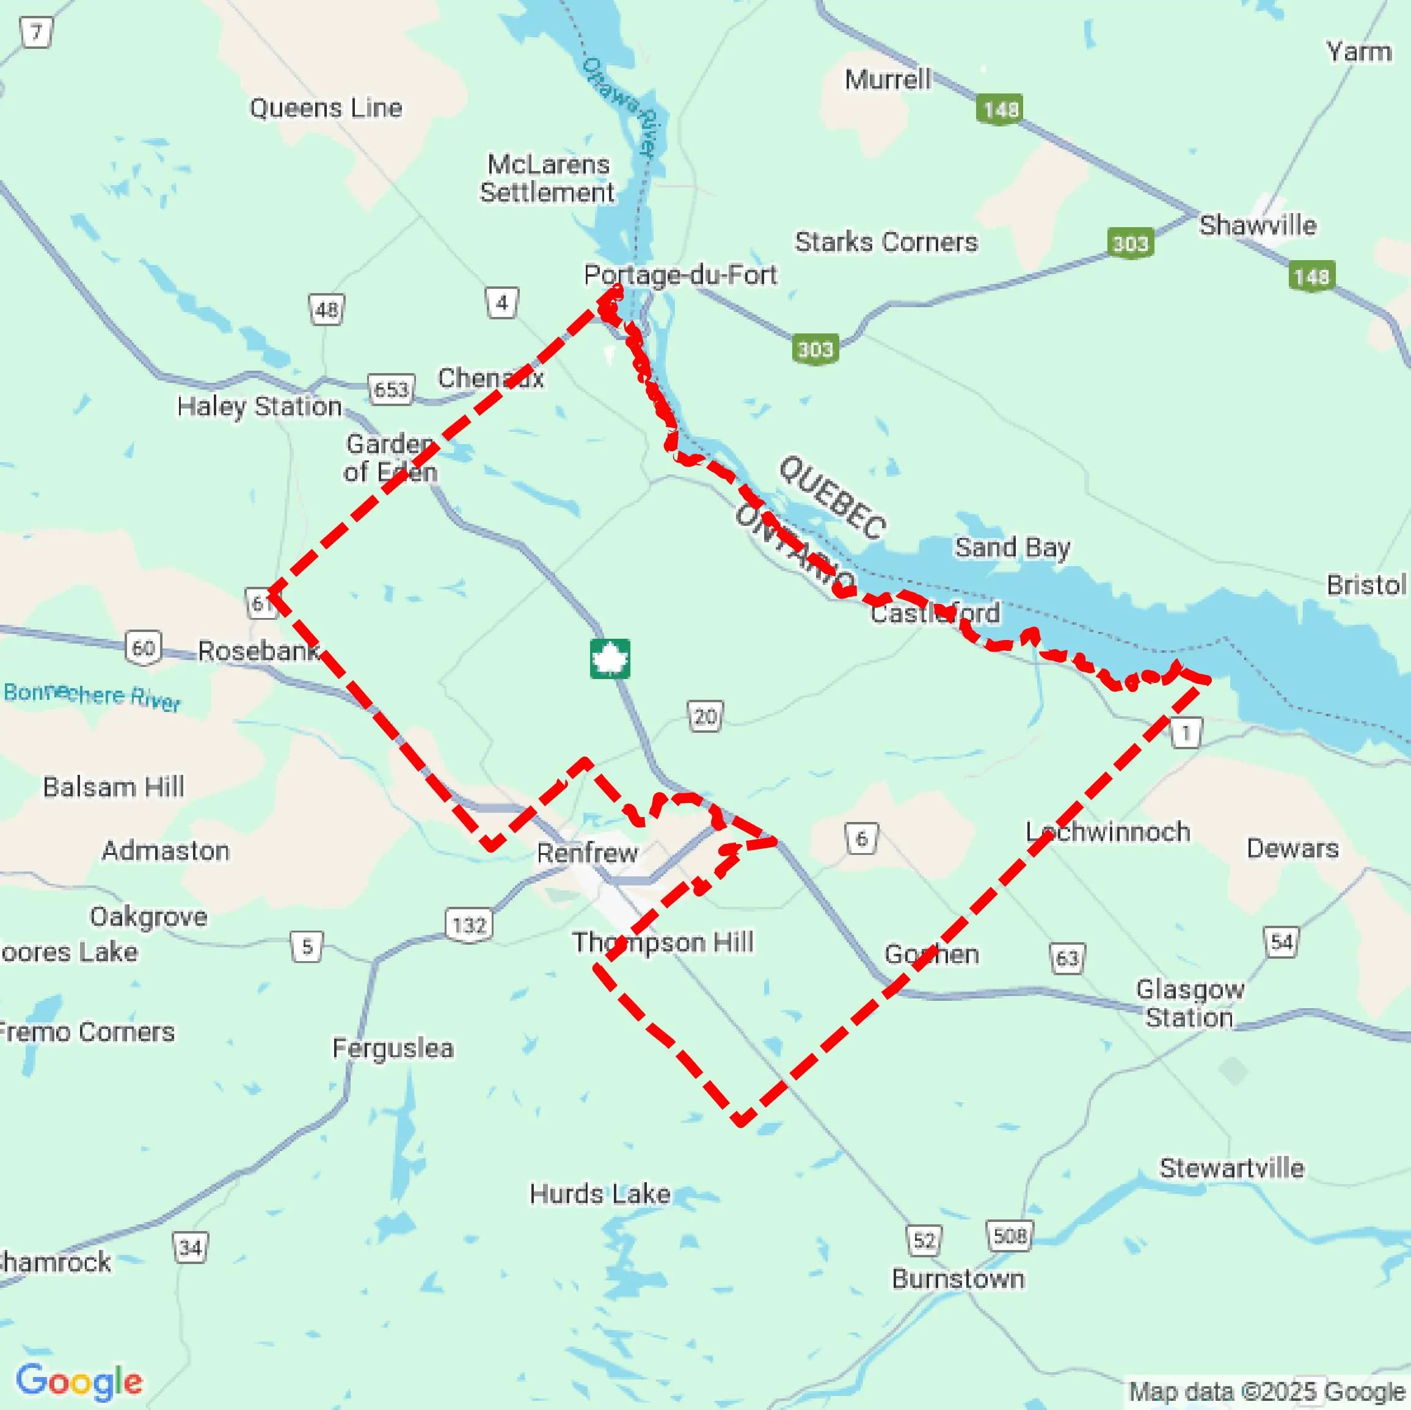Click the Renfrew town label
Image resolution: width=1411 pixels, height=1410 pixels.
tap(587, 853)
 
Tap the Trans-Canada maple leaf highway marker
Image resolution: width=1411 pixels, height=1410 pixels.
tap(610, 659)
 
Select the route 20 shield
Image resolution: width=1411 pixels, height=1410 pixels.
tap(705, 716)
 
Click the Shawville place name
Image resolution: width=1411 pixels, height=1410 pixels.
tap(1258, 225)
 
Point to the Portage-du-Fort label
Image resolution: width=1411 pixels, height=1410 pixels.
tap(680, 275)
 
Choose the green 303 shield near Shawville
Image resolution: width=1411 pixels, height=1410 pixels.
tap(1130, 243)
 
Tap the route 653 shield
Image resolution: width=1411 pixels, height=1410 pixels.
tap(391, 389)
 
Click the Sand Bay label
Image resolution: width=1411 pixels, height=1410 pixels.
tap(1012, 547)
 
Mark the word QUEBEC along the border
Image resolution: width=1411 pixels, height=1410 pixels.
tap(833, 498)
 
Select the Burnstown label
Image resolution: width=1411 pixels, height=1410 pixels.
tap(958, 1279)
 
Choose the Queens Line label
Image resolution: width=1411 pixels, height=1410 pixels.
tap(326, 108)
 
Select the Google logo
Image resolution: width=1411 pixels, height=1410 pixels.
tap(79, 1381)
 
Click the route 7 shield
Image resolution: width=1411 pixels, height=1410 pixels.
tap(36, 33)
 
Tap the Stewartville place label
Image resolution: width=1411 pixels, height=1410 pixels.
tap(1231, 1168)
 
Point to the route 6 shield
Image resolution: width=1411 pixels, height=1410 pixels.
tap(861, 838)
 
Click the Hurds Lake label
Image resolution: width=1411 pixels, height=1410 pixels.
tap(600, 1194)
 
